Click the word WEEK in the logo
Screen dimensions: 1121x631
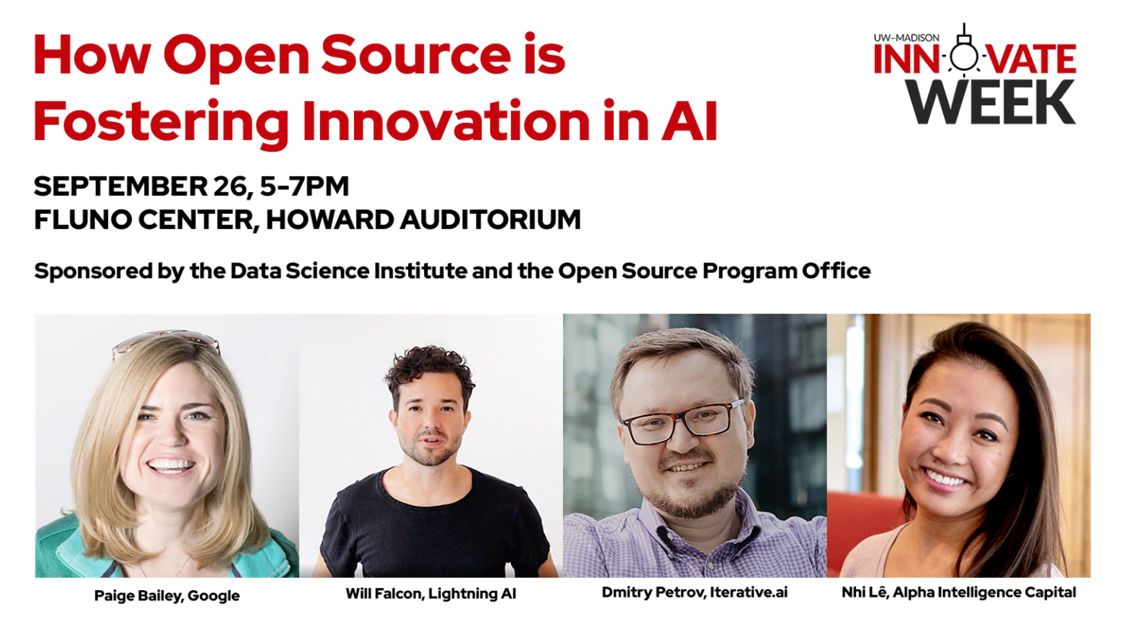(990, 102)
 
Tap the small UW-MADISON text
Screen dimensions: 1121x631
(906, 37)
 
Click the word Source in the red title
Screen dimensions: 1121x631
(417, 55)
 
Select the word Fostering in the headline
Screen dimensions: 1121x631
(161, 122)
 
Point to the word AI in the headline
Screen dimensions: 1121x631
(690, 121)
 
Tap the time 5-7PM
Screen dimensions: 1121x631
(304, 186)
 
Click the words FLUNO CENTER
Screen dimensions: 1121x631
(144, 220)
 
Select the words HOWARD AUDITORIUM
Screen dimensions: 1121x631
(424, 220)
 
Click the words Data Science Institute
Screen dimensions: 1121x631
(349, 271)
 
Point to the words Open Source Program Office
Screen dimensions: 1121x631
(714, 271)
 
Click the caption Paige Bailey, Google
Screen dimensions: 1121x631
(167, 595)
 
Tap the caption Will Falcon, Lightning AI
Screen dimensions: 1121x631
(431, 594)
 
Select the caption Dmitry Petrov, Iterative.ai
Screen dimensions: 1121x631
(695, 592)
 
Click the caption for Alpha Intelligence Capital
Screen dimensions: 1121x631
(959, 592)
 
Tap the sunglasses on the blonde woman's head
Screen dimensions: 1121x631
(166, 342)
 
